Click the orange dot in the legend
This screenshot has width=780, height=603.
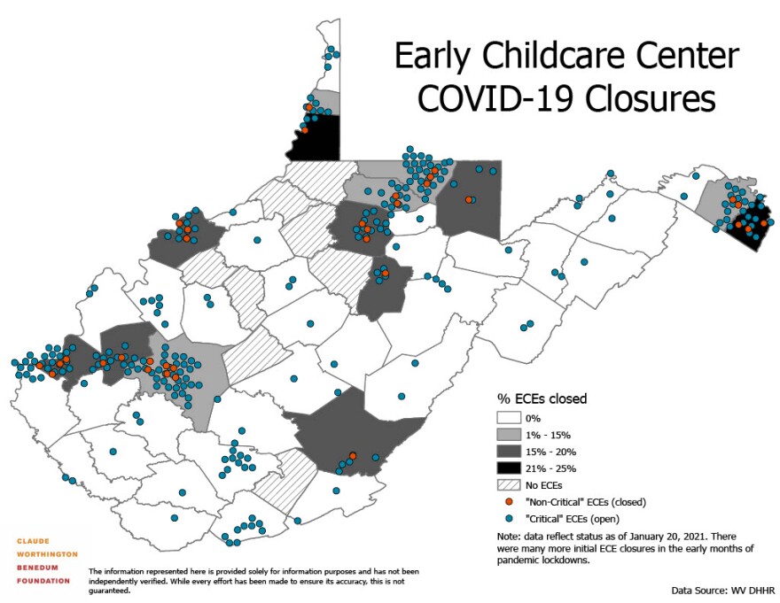[509, 502]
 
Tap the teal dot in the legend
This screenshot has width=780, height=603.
[509, 519]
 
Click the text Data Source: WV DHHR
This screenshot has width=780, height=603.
[722, 588]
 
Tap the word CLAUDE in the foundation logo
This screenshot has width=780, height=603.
[34, 540]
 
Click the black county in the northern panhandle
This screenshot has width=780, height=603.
[317, 137]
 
